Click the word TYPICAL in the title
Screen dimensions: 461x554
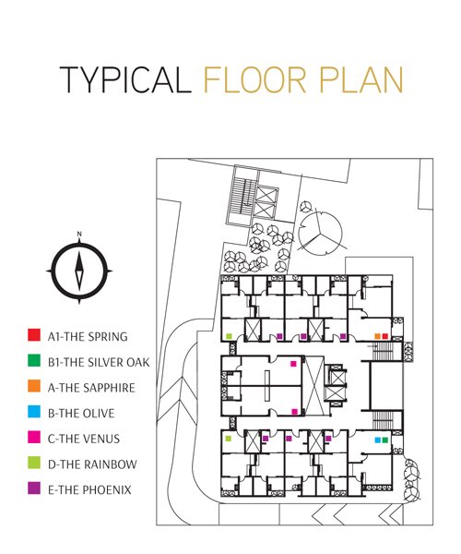click(125, 79)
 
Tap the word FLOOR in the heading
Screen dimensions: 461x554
click(254, 79)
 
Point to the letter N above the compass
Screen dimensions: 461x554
click(79, 234)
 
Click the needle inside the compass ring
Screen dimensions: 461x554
click(79, 271)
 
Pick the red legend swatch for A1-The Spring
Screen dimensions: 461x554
click(34, 335)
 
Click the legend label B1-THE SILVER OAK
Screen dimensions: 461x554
click(99, 362)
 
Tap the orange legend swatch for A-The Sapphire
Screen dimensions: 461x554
click(34, 386)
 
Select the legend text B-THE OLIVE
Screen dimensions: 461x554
click(81, 414)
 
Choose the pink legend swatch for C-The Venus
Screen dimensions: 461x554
click(34, 437)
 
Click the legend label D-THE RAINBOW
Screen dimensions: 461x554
click(92, 464)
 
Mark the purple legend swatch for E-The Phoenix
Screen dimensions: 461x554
click(34, 488)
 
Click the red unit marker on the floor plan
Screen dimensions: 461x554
click(384, 336)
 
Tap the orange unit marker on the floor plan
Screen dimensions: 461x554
click(377, 336)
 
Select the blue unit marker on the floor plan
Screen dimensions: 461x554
click(377, 440)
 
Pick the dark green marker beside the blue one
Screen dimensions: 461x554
click(384, 440)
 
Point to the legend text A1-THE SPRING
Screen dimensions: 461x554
click(88, 337)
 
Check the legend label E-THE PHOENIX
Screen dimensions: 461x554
click(89, 490)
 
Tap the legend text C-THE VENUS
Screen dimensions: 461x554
click(84, 439)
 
